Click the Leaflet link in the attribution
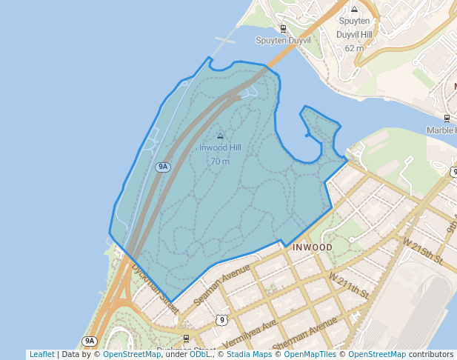pyautogui.click(x=41, y=355)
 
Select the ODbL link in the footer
pyautogui.click(x=200, y=355)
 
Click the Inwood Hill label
pyautogui.click(x=220, y=147)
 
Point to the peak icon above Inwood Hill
pyautogui.click(x=220, y=136)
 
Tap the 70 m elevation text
pyautogui.click(x=220, y=161)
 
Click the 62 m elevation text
pyautogui.click(x=354, y=48)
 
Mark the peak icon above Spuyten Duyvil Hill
pyautogui.click(x=354, y=10)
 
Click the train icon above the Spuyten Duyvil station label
pyautogui.click(x=283, y=29)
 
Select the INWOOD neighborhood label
pyautogui.click(x=313, y=247)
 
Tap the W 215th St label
pyautogui.click(x=423, y=252)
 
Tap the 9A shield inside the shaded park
pyautogui.click(x=163, y=167)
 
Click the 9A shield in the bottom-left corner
pyautogui.click(x=90, y=341)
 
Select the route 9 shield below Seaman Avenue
pyautogui.click(x=221, y=320)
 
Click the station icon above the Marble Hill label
pyautogui.click(x=447, y=118)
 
